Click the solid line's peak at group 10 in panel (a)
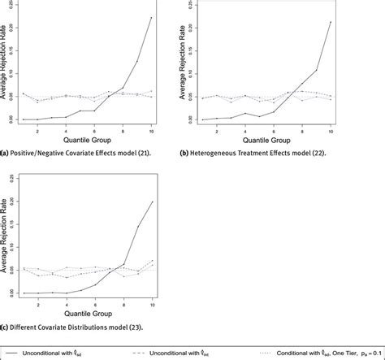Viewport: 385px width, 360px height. [x=151, y=18]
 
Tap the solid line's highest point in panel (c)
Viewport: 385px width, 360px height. [x=151, y=202]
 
